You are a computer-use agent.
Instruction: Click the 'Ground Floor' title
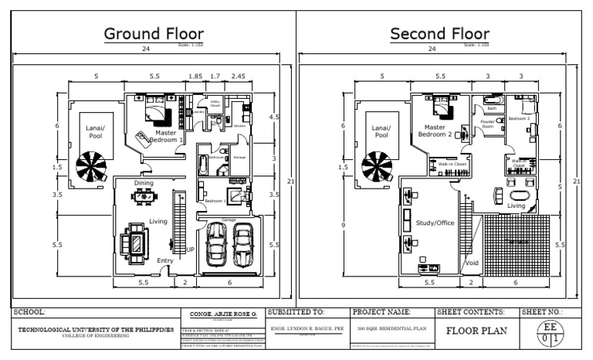pyautogui.click(x=154, y=34)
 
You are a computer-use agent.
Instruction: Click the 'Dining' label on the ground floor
pyautogui.click(x=144, y=183)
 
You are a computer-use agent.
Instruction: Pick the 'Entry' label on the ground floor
pyautogui.click(x=165, y=261)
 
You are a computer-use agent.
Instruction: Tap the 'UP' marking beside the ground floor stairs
pyautogui.click(x=190, y=250)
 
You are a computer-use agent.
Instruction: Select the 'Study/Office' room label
pyautogui.click(x=435, y=223)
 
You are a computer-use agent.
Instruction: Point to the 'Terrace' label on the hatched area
pyautogui.click(x=517, y=242)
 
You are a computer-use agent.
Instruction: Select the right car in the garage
pyautogui.click(x=243, y=244)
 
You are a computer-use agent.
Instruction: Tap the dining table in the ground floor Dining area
pyautogui.click(x=144, y=196)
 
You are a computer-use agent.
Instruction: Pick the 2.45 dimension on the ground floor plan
pyautogui.click(x=239, y=76)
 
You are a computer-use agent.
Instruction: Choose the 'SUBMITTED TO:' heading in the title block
pyautogui.click(x=296, y=312)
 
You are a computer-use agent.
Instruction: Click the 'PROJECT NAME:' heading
pyautogui.click(x=380, y=312)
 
